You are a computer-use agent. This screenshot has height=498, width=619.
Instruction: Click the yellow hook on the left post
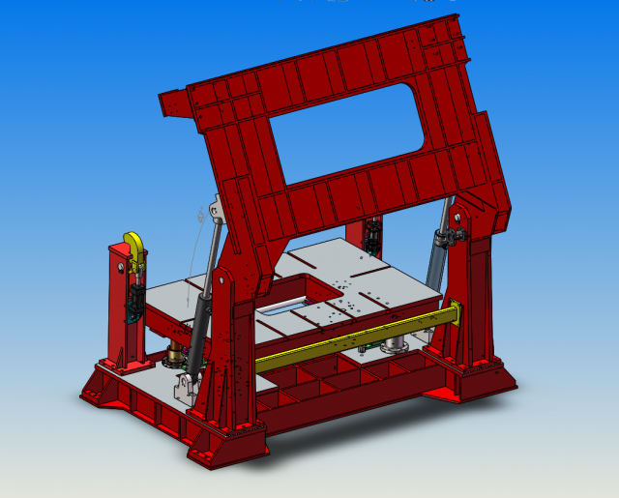point(134,248)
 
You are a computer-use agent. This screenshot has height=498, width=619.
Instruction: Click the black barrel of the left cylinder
point(199,328)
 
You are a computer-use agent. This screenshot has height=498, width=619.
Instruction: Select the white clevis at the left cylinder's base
point(184,390)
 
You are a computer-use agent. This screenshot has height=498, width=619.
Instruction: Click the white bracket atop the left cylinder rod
point(214,208)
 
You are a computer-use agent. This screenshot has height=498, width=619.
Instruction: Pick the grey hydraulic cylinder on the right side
point(439,256)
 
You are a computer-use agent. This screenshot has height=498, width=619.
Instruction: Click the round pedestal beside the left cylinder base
point(175,358)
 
